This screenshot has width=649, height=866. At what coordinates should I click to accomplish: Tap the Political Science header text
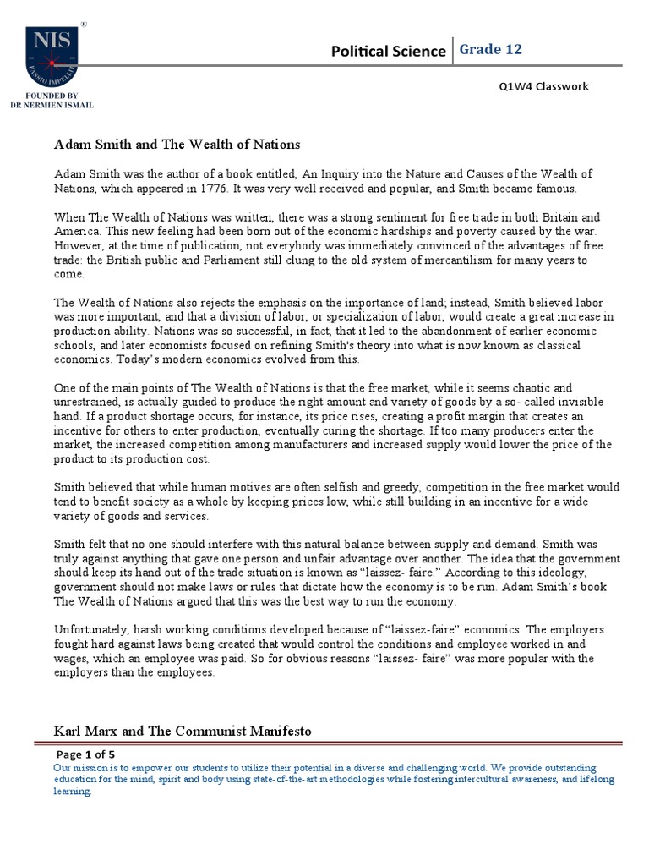(x=388, y=52)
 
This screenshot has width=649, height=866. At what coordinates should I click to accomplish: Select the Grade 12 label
(x=491, y=50)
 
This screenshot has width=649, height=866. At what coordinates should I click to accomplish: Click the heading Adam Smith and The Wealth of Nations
(x=177, y=145)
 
